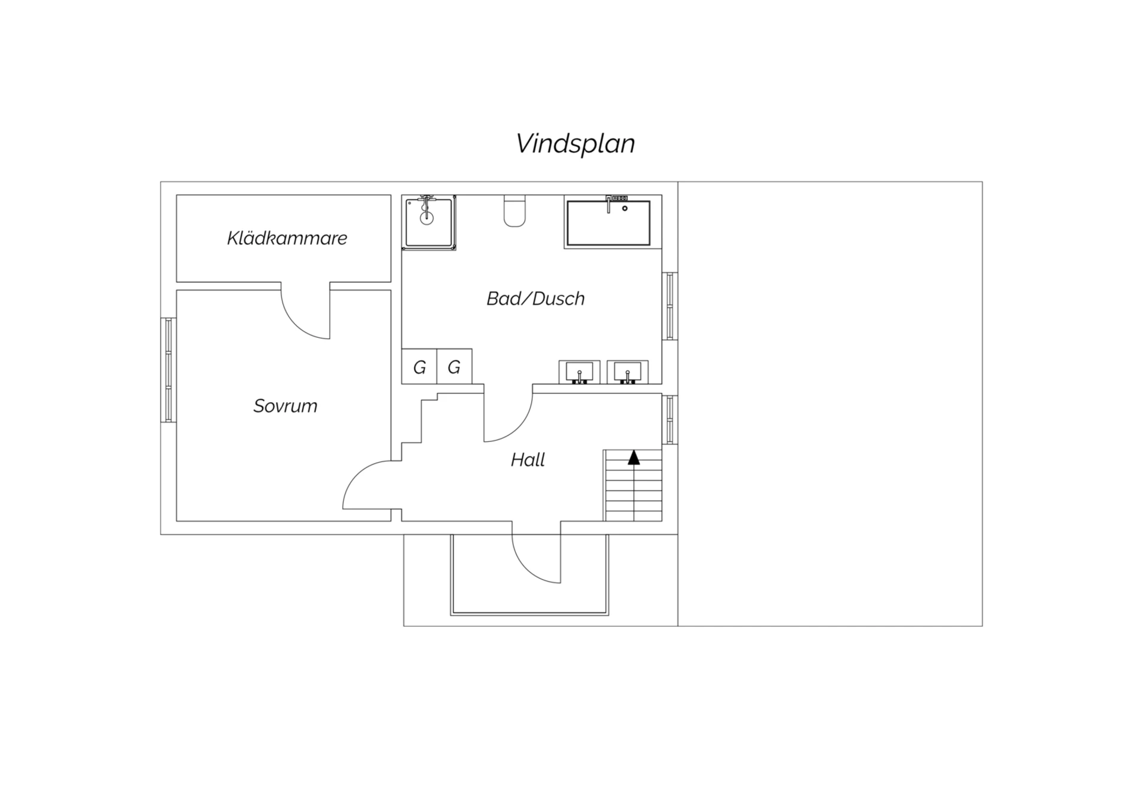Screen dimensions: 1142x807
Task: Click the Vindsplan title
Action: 575,144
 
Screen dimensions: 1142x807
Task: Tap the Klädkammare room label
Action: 287,238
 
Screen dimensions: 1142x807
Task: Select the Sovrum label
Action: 285,406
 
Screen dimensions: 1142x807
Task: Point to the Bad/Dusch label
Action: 535,298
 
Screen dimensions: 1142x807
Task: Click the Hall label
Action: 528,460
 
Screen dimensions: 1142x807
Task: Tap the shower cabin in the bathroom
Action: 429,222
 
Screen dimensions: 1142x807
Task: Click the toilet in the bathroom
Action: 514,211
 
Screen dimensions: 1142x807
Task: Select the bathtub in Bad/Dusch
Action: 608,222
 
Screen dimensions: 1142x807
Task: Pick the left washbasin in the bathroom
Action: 579,372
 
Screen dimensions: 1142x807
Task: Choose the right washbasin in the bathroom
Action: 628,372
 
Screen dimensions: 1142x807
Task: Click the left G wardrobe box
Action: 419,367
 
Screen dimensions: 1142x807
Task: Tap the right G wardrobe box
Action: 454,367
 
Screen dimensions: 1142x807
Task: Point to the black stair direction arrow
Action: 634,457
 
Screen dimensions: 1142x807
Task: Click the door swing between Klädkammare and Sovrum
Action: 296,325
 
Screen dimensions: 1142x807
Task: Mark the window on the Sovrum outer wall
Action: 169,370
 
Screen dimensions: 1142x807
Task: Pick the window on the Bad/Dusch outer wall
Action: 670,306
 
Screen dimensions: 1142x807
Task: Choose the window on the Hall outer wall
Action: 670,420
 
